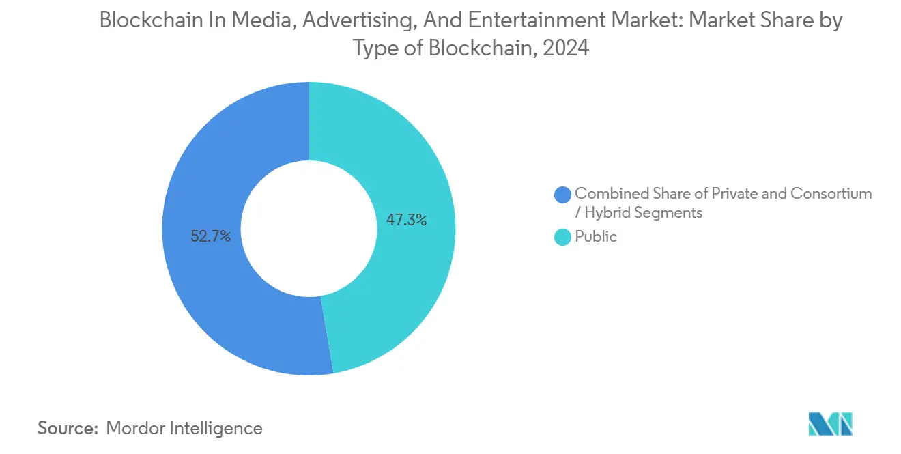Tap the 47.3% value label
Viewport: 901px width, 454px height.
(407, 220)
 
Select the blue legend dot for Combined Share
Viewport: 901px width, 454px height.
(563, 195)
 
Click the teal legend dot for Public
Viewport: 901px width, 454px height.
(563, 237)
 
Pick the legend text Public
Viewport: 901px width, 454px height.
(596, 237)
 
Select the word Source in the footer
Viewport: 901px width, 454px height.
(68, 428)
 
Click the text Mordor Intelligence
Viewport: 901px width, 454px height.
(184, 428)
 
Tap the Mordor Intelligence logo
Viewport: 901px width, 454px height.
(830, 425)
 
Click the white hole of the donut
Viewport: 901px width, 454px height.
(309, 229)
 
